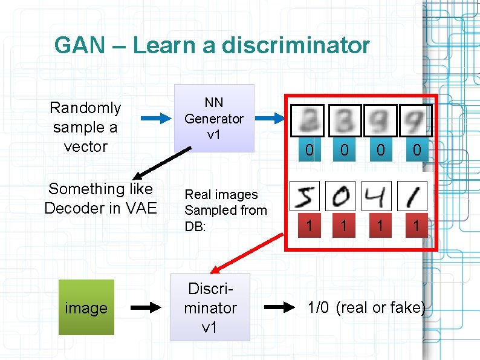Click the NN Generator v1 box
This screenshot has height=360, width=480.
[214, 119]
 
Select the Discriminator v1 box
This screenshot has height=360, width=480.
[210, 307]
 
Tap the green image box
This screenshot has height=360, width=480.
[86, 307]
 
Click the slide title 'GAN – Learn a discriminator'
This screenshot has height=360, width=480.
[212, 45]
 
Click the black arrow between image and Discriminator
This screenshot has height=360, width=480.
[146, 307]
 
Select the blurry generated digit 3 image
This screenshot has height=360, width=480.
[344, 120]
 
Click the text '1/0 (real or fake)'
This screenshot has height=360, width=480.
[366, 307]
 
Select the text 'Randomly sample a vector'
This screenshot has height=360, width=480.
[86, 127]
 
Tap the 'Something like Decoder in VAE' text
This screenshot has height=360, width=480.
[100, 198]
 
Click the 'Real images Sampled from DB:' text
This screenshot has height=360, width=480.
[225, 210]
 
